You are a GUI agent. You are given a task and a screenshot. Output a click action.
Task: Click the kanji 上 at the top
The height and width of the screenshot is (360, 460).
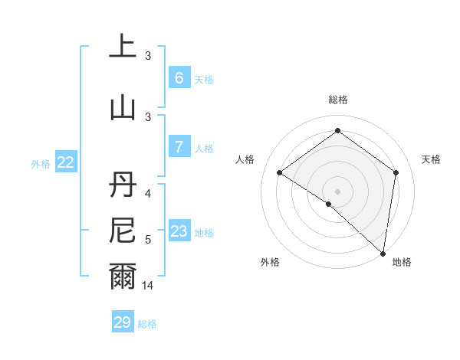pos(123,47)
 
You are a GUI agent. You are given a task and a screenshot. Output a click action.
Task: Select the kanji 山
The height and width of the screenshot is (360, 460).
pos(123,106)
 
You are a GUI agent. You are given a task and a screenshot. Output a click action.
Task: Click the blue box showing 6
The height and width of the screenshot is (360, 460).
pos(179,78)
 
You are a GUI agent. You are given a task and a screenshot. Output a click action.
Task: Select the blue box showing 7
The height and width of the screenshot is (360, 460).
pos(179,147)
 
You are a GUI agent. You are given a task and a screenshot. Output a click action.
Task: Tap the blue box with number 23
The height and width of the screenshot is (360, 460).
pos(179,231)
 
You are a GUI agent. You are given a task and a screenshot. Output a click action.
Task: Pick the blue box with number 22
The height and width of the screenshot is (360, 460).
pos(66,162)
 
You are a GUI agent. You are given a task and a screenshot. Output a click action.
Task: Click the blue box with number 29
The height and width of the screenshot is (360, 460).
pos(123,322)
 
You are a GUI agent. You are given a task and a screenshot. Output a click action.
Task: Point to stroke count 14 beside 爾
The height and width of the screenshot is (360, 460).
pos(148,286)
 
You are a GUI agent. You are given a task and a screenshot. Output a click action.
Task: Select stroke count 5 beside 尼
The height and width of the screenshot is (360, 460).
pos(148,240)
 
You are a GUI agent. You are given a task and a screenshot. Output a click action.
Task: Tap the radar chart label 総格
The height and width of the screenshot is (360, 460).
pos(337,100)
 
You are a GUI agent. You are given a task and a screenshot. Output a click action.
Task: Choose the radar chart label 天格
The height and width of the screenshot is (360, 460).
pos(431,159)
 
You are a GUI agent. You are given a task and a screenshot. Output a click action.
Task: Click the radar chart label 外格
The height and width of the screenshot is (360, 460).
pos(270,262)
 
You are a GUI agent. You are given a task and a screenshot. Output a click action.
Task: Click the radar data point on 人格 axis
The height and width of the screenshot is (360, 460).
pos(280,172)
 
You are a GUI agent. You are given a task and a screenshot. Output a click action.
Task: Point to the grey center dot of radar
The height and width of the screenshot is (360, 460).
pos(337,191)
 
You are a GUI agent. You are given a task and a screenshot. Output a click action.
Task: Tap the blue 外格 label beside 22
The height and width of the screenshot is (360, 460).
pos(41,163)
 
